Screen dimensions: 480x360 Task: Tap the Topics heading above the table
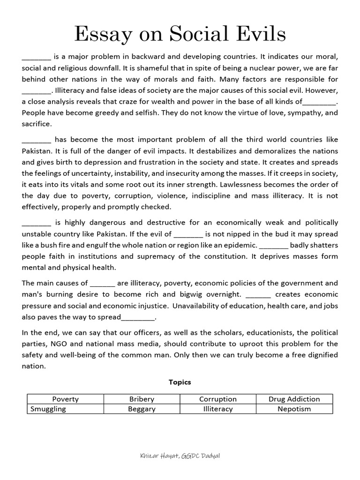tap(180, 382)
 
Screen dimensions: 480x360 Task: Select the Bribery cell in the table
tap(142, 399)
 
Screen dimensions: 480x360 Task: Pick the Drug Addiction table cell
tap(294, 399)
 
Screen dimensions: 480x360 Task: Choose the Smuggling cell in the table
tap(48, 409)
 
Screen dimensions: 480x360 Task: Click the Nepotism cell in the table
tap(294, 409)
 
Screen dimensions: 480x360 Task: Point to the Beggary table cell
tap(142, 409)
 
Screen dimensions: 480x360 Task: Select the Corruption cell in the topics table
tap(218, 399)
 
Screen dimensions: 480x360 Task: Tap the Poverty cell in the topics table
tap(66, 399)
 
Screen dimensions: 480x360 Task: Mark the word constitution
tap(225, 256)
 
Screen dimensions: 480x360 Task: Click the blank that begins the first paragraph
tap(36, 57)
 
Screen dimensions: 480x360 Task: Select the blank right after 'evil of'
tap(188, 234)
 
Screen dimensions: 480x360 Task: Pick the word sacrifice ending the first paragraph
tap(37, 124)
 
